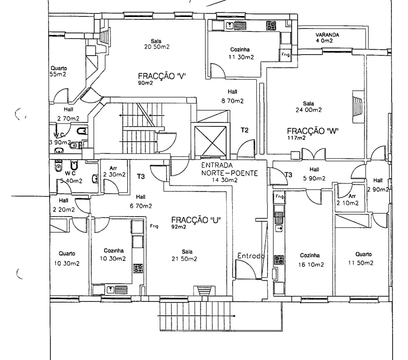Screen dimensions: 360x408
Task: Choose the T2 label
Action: (244, 130)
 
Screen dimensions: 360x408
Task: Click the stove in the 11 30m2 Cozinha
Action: (271, 26)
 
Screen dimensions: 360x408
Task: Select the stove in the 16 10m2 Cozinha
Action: (279, 259)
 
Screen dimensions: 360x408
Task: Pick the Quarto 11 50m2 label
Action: (361, 258)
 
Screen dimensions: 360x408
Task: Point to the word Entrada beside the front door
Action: (250, 256)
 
